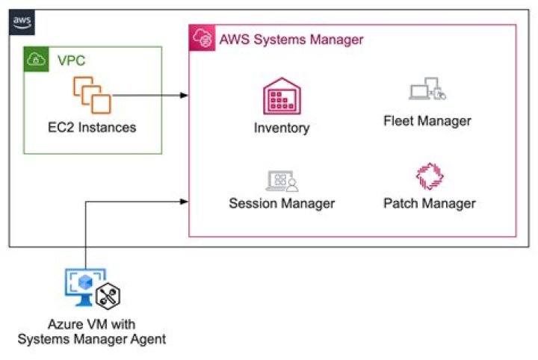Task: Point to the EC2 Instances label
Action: point(87,127)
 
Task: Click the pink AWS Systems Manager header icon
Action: point(201,37)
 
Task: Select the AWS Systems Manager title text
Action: point(291,39)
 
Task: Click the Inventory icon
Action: point(281,96)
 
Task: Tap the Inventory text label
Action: point(281,128)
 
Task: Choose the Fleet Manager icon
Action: point(427,90)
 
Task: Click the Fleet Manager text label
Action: point(427,120)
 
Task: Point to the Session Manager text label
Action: point(281,203)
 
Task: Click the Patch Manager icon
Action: point(429,176)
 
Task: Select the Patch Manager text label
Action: point(429,203)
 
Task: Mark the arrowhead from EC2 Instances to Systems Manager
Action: point(183,96)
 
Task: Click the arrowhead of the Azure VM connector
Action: point(183,200)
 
